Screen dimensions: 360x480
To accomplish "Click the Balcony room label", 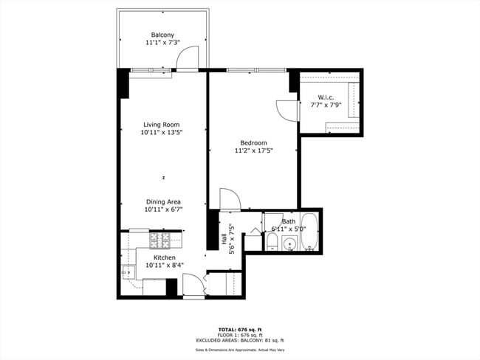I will click(162, 35).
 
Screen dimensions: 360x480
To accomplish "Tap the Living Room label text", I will click(161, 125).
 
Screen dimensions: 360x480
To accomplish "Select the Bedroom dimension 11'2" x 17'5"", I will click(253, 150).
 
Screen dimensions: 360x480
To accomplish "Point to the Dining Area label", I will click(163, 201).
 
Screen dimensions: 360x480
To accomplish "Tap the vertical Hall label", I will click(224, 239).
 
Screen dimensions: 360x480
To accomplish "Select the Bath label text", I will click(288, 221).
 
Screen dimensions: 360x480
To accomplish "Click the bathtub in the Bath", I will click(309, 232).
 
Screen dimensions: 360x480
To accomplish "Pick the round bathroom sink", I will click(289, 243).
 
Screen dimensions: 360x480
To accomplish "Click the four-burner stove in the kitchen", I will click(160, 240).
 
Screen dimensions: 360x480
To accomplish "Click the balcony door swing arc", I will click(191, 58).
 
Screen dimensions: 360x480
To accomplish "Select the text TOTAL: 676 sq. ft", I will click(240, 329).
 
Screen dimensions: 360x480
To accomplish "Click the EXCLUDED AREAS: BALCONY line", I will click(240, 340).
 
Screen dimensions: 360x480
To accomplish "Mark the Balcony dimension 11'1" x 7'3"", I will click(162, 43).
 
